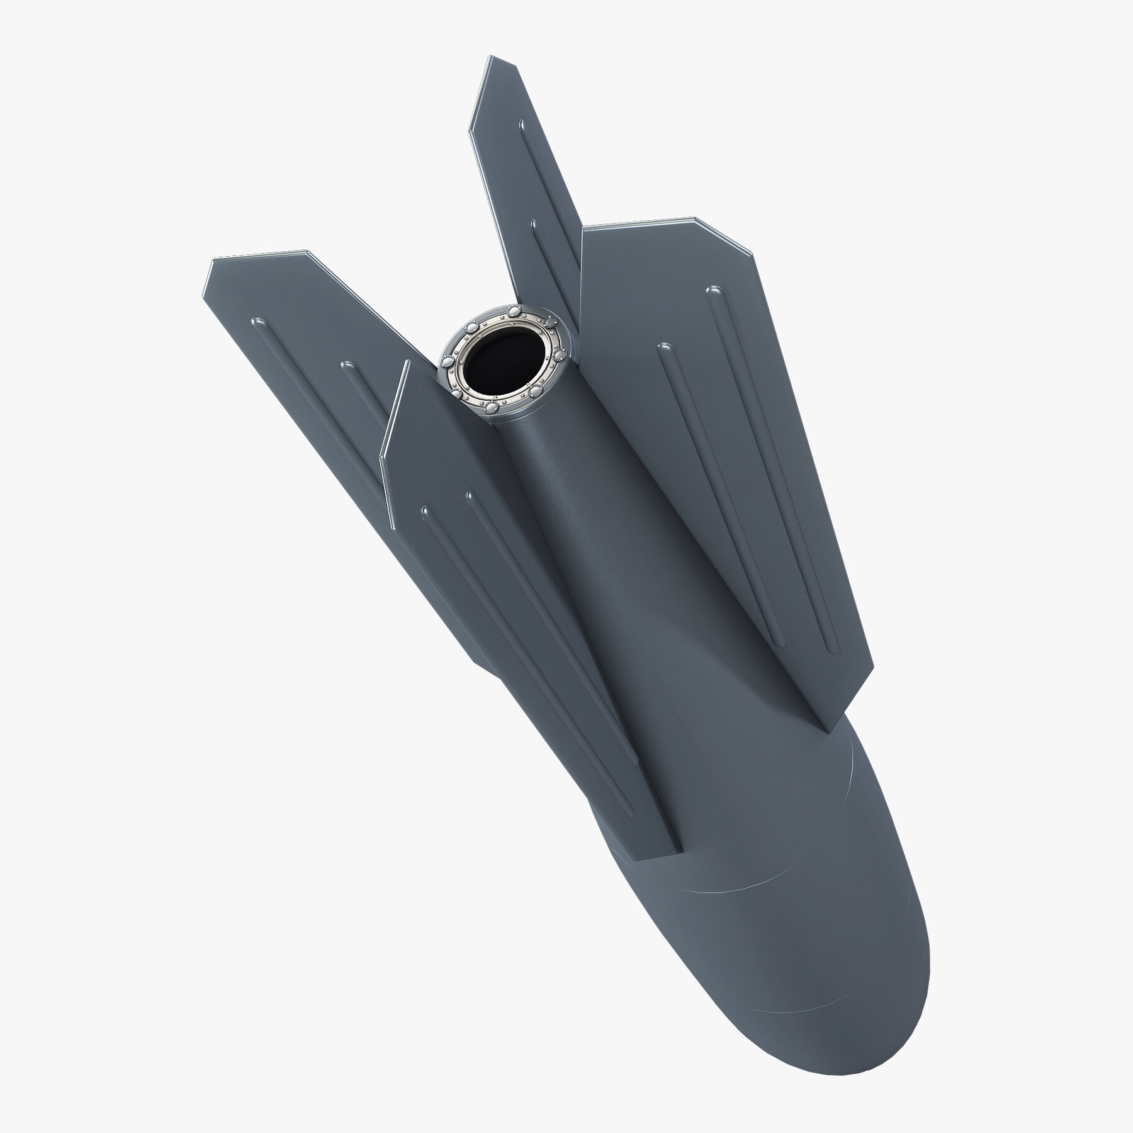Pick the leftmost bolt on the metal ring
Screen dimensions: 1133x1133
446,363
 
